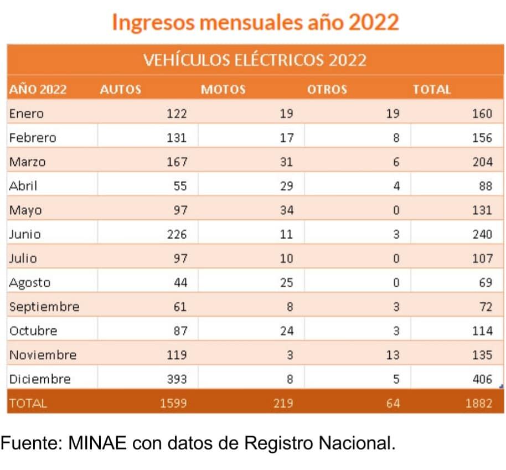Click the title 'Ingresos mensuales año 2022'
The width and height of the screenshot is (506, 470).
click(x=255, y=22)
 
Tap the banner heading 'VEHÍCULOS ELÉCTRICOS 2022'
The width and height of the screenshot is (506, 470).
click(x=255, y=60)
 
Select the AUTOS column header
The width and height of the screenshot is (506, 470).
click(x=120, y=90)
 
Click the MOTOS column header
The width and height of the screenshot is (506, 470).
click(x=223, y=90)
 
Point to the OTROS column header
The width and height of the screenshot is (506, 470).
click(x=327, y=90)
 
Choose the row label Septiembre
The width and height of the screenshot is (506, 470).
click(x=44, y=307)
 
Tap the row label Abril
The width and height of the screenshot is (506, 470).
click(x=23, y=186)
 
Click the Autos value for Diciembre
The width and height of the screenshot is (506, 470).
click(x=177, y=379)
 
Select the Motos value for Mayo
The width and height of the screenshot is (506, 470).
click(x=287, y=210)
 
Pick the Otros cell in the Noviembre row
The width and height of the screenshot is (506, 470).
click(x=393, y=355)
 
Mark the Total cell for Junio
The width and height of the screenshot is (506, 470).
click(x=482, y=234)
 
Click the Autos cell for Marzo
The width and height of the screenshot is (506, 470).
click(x=177, y=162)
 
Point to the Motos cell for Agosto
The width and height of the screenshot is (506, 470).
click(x=287, y=283)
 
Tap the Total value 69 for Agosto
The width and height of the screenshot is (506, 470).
click(x=485, y=283)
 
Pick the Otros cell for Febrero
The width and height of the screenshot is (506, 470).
click(x=396, y=138)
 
